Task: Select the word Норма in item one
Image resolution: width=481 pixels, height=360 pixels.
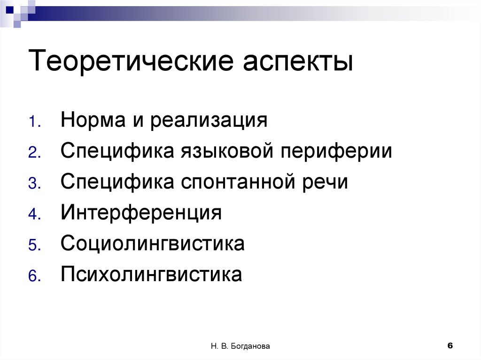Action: click(92, 121)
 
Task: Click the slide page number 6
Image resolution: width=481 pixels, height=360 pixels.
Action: click(450, 345)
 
